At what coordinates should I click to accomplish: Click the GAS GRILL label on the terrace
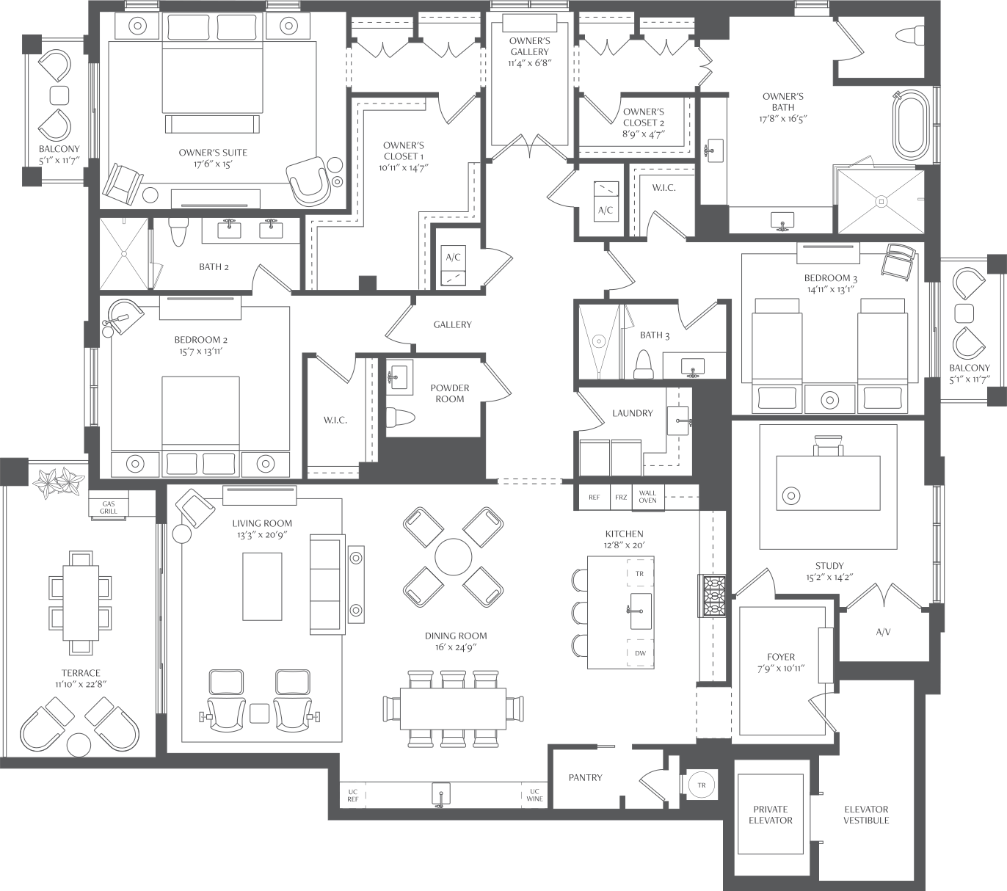point(109,507)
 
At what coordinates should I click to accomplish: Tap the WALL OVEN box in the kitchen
point(647,497)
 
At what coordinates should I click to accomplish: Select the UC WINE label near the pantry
point(534,795)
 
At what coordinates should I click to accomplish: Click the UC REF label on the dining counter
point(353,795)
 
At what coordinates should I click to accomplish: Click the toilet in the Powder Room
point(401,418)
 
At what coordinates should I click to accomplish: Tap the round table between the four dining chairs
point(454,556)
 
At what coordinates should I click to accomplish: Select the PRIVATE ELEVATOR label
point(771,815)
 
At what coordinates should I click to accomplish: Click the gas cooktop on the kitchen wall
point(713,596)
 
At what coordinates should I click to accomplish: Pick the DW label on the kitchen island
point(640,653)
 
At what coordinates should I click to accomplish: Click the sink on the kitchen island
point(640,611)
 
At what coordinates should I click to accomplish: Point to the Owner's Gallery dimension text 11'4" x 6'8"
point(530,63)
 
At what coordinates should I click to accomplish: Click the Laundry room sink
point(679,421)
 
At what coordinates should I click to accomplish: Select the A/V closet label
point(883,632)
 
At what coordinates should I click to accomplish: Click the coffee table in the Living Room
point(263,586)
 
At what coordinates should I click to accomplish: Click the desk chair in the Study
point(828,445)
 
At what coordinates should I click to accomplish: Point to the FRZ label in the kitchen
point(621,497)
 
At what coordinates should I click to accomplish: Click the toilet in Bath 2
point(178,232)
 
